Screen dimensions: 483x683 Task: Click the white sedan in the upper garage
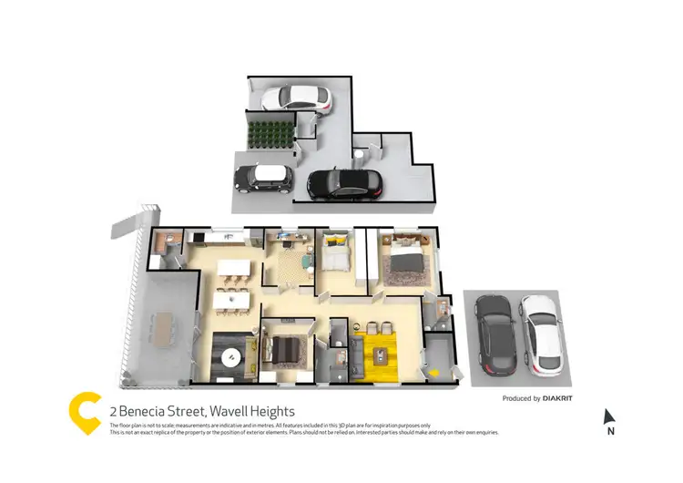[x=296, y=98]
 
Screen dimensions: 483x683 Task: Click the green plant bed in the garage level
[x=271, y=134]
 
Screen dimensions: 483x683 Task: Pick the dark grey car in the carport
[x=494, y=333]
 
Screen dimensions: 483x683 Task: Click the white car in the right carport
[x=540, y=333]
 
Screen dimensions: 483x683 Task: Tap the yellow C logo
[x=85, y=413]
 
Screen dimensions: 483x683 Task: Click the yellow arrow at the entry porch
[x=434, y=372]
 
